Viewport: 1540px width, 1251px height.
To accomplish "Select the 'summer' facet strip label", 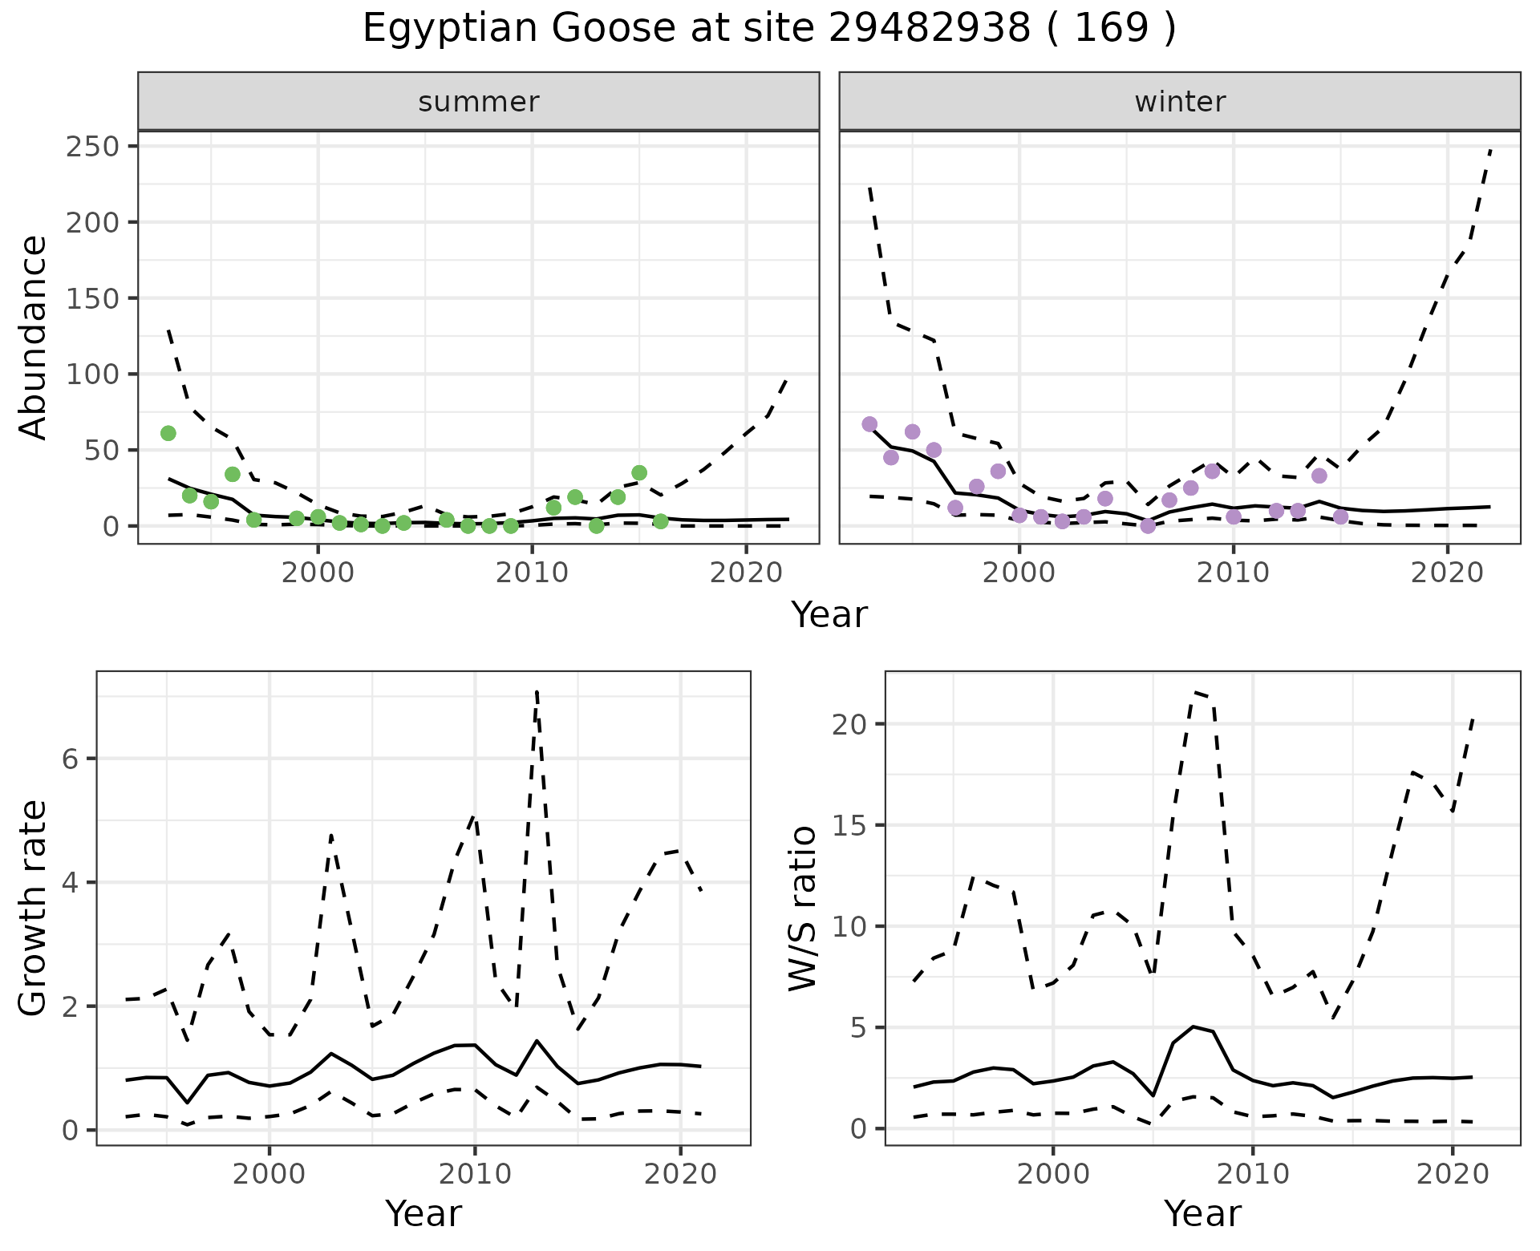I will [x=479, y=102].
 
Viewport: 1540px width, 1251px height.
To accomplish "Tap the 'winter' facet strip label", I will [x=1180, y=102].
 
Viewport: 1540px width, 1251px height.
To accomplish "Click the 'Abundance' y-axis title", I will [x=34, y=337].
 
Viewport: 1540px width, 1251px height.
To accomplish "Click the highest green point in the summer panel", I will [x=168, y=433].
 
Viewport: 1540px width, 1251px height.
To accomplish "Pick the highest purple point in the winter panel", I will [x=869, y=424].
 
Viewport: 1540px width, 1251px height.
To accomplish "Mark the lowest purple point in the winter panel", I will [x=1148, y=526].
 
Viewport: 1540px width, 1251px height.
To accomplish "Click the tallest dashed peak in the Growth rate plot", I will [x=536, y=691].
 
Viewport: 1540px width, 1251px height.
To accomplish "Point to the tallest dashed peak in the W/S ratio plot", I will [x=1194, y=691].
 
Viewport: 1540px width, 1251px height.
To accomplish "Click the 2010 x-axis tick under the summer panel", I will [x=532, y=573].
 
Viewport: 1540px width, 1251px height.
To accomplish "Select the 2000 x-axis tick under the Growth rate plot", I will [x=269, y=1175].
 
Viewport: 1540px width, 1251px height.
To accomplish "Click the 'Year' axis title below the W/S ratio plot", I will [x=1202, y=1214].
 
